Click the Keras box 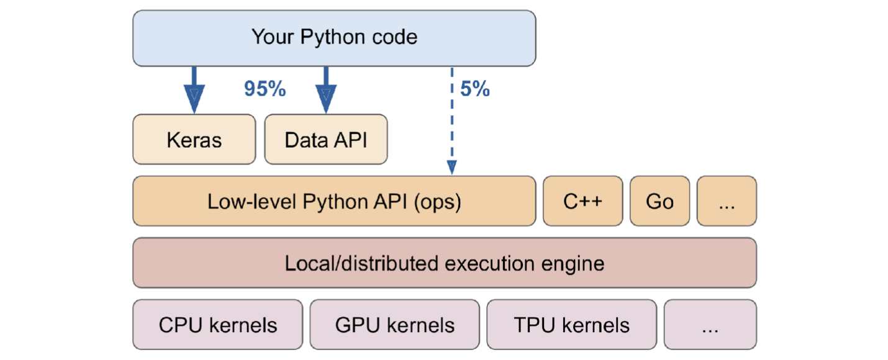[194, 139]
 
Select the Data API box [325, 139]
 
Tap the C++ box [582, 201]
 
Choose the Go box [659, 201]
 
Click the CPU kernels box [217, 325]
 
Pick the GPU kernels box [394, 325]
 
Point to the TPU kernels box [571, 325]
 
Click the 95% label [265, 89]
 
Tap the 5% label [475, 89]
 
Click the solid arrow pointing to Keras [194, 90]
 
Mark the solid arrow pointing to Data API [325, 90]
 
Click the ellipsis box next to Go [727, 201]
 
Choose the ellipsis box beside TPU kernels [710, 325]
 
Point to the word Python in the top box [329, 37]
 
